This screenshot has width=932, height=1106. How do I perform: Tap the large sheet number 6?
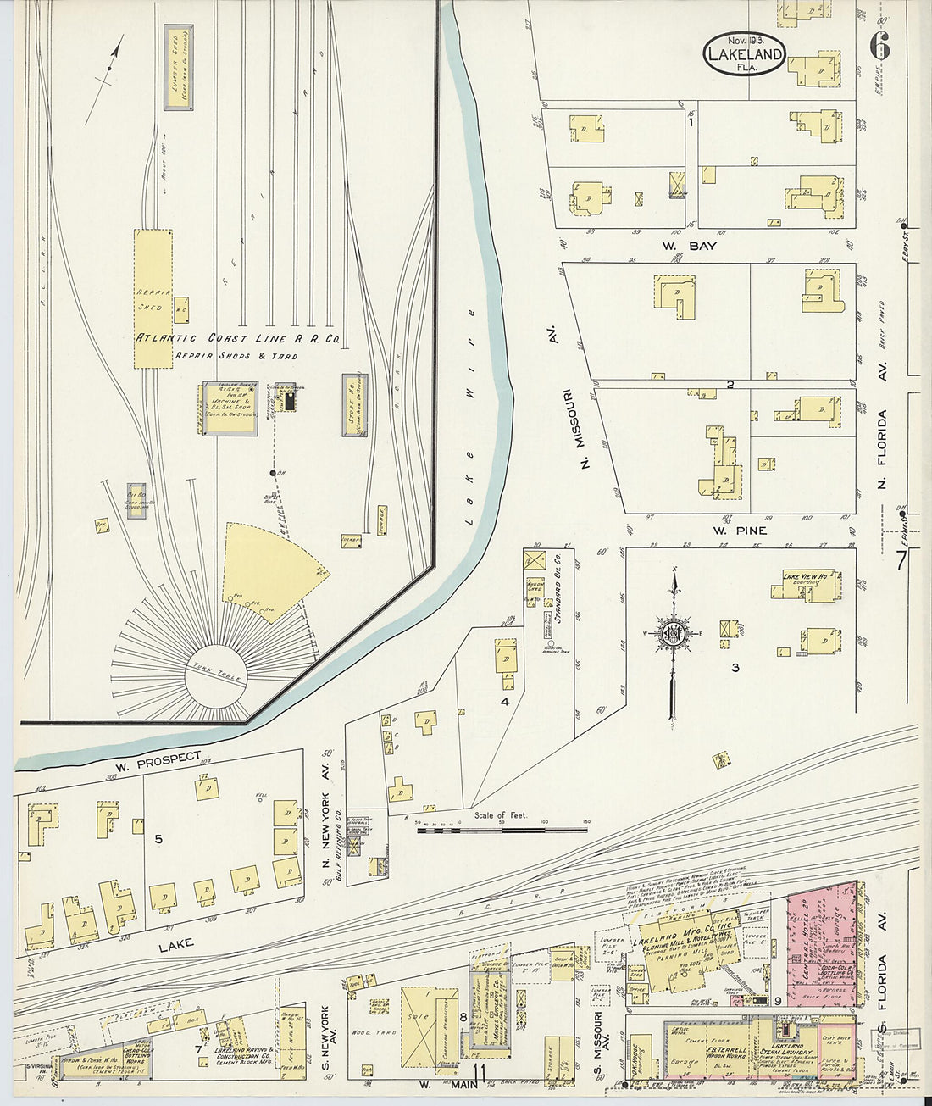click(x=879, y=47)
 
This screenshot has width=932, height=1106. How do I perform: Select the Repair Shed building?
click(x=153, y=298)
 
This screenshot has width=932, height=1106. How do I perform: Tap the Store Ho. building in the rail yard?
click(x=354, y=405)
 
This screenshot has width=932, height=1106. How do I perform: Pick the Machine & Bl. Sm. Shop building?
click(x=228, y=408)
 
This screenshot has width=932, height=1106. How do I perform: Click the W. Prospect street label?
click(x=158, y=761)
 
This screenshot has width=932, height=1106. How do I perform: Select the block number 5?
click(x=158, y=839)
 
